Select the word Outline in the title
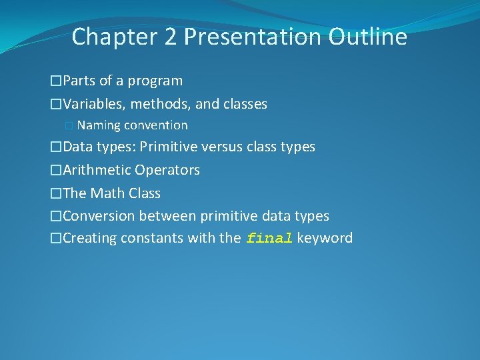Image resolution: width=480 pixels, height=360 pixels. [x=367, y=37]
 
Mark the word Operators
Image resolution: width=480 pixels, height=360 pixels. [x=167, y=170]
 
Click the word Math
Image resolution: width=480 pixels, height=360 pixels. [x=107, y=193]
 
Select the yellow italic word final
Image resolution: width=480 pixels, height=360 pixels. [x=269, y=239]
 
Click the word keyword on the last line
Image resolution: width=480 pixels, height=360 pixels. [x=325, y=238]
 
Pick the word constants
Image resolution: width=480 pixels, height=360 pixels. [x=149, y=239]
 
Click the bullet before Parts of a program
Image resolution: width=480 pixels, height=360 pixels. [x=56, y=81]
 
